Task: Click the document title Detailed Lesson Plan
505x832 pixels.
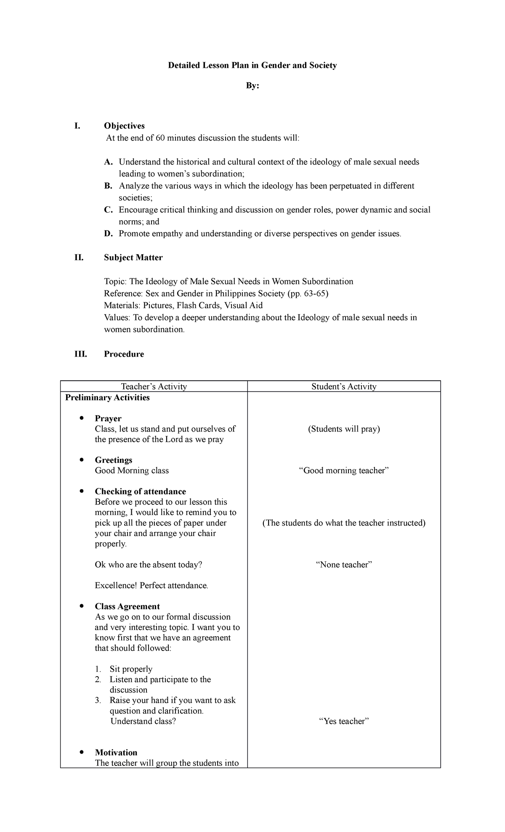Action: pyautogui.click(x=252, y=65)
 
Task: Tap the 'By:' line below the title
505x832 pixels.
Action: pyautogui.click(x=252, y=86)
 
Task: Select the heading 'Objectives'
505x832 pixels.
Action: pyautogui.click(x=124, y=126)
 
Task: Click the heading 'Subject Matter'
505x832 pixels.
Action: pyautogui.click(x=133, y=258)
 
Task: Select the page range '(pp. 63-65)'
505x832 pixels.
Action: pyautogui.click(x=308, y=293)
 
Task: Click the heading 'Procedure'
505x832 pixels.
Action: pyautogui.click(x=124, y=354)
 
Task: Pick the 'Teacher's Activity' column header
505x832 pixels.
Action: pyautogui.click(x=154, y=387)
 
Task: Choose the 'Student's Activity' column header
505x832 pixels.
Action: pyautogui.click(x=343, y=387)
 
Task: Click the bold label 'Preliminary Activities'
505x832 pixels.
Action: pyautogui.click(x=107, y=397)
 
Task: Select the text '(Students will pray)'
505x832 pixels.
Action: pyautogui.click(x=343, y=429)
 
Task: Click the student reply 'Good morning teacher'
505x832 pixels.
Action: pyautogui.click(x=343, y=471)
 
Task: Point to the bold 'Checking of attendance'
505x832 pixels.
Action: pyautogui.click(x=140, y=491)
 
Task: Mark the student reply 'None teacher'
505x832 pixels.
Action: pyautogui.click(x=343, y=565)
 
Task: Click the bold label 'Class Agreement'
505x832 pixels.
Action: pyautogui.click(x=127, y=606)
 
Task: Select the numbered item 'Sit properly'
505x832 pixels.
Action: pyautogui.click(x=130, y=669)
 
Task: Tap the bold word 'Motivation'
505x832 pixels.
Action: pyautogui.click(x=116, y=752)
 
